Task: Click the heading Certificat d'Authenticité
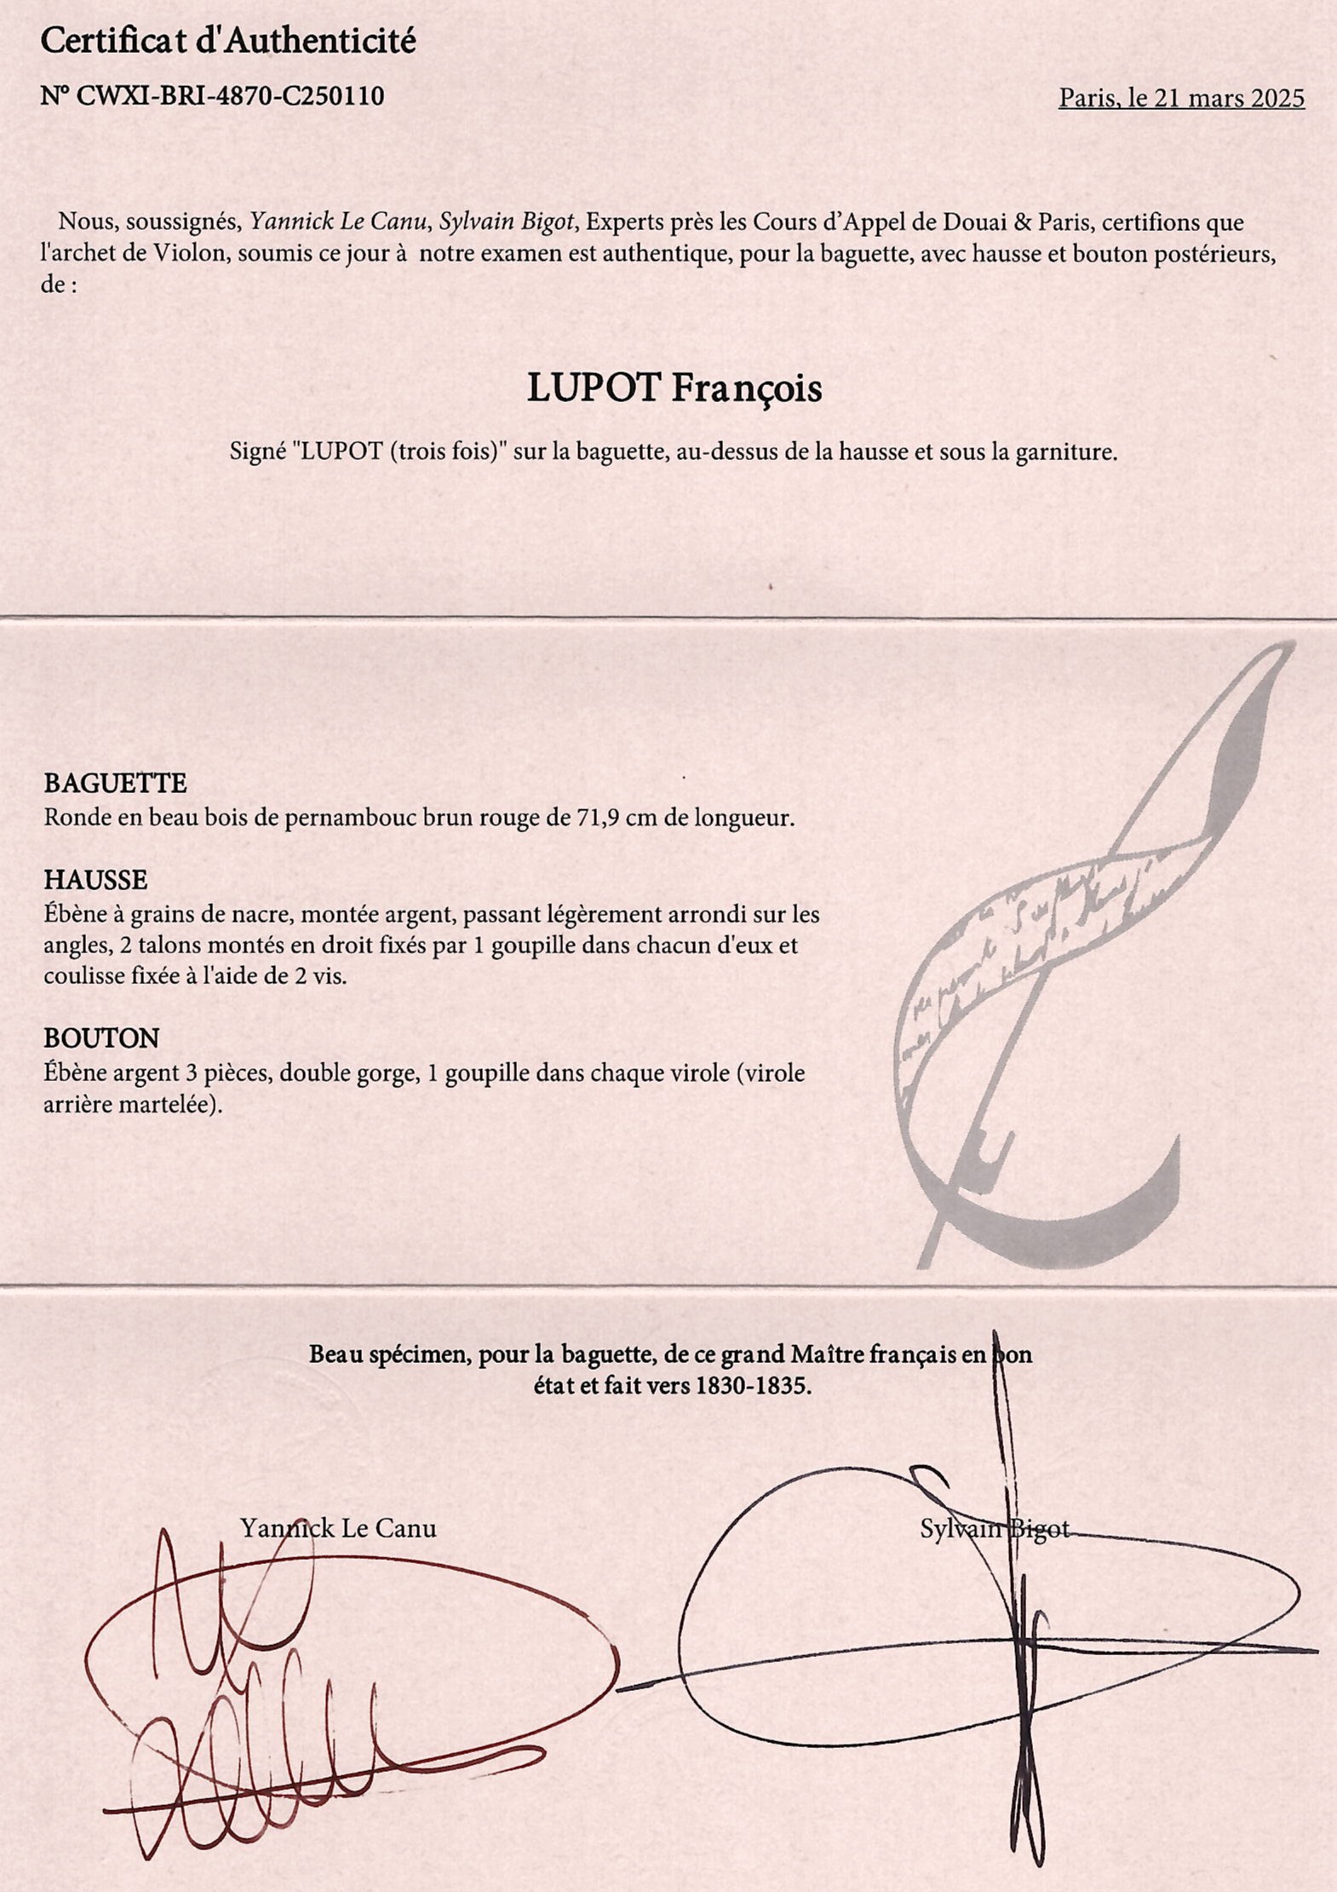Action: (228, 41)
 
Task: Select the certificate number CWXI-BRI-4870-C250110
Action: (230, 95)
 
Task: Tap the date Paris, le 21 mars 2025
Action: (1181, 98)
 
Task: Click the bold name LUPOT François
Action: (674, 388)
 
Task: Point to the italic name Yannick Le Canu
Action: (339, 222)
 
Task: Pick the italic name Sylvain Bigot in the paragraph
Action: (507, 222)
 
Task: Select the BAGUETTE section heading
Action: (115, 783)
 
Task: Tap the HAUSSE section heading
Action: (95, 879)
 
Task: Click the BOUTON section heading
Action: (101, 1038)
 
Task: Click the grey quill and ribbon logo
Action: (1082, 963)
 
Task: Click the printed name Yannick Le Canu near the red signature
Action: (338, 1527)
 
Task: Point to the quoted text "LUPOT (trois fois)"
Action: (399, 451)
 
